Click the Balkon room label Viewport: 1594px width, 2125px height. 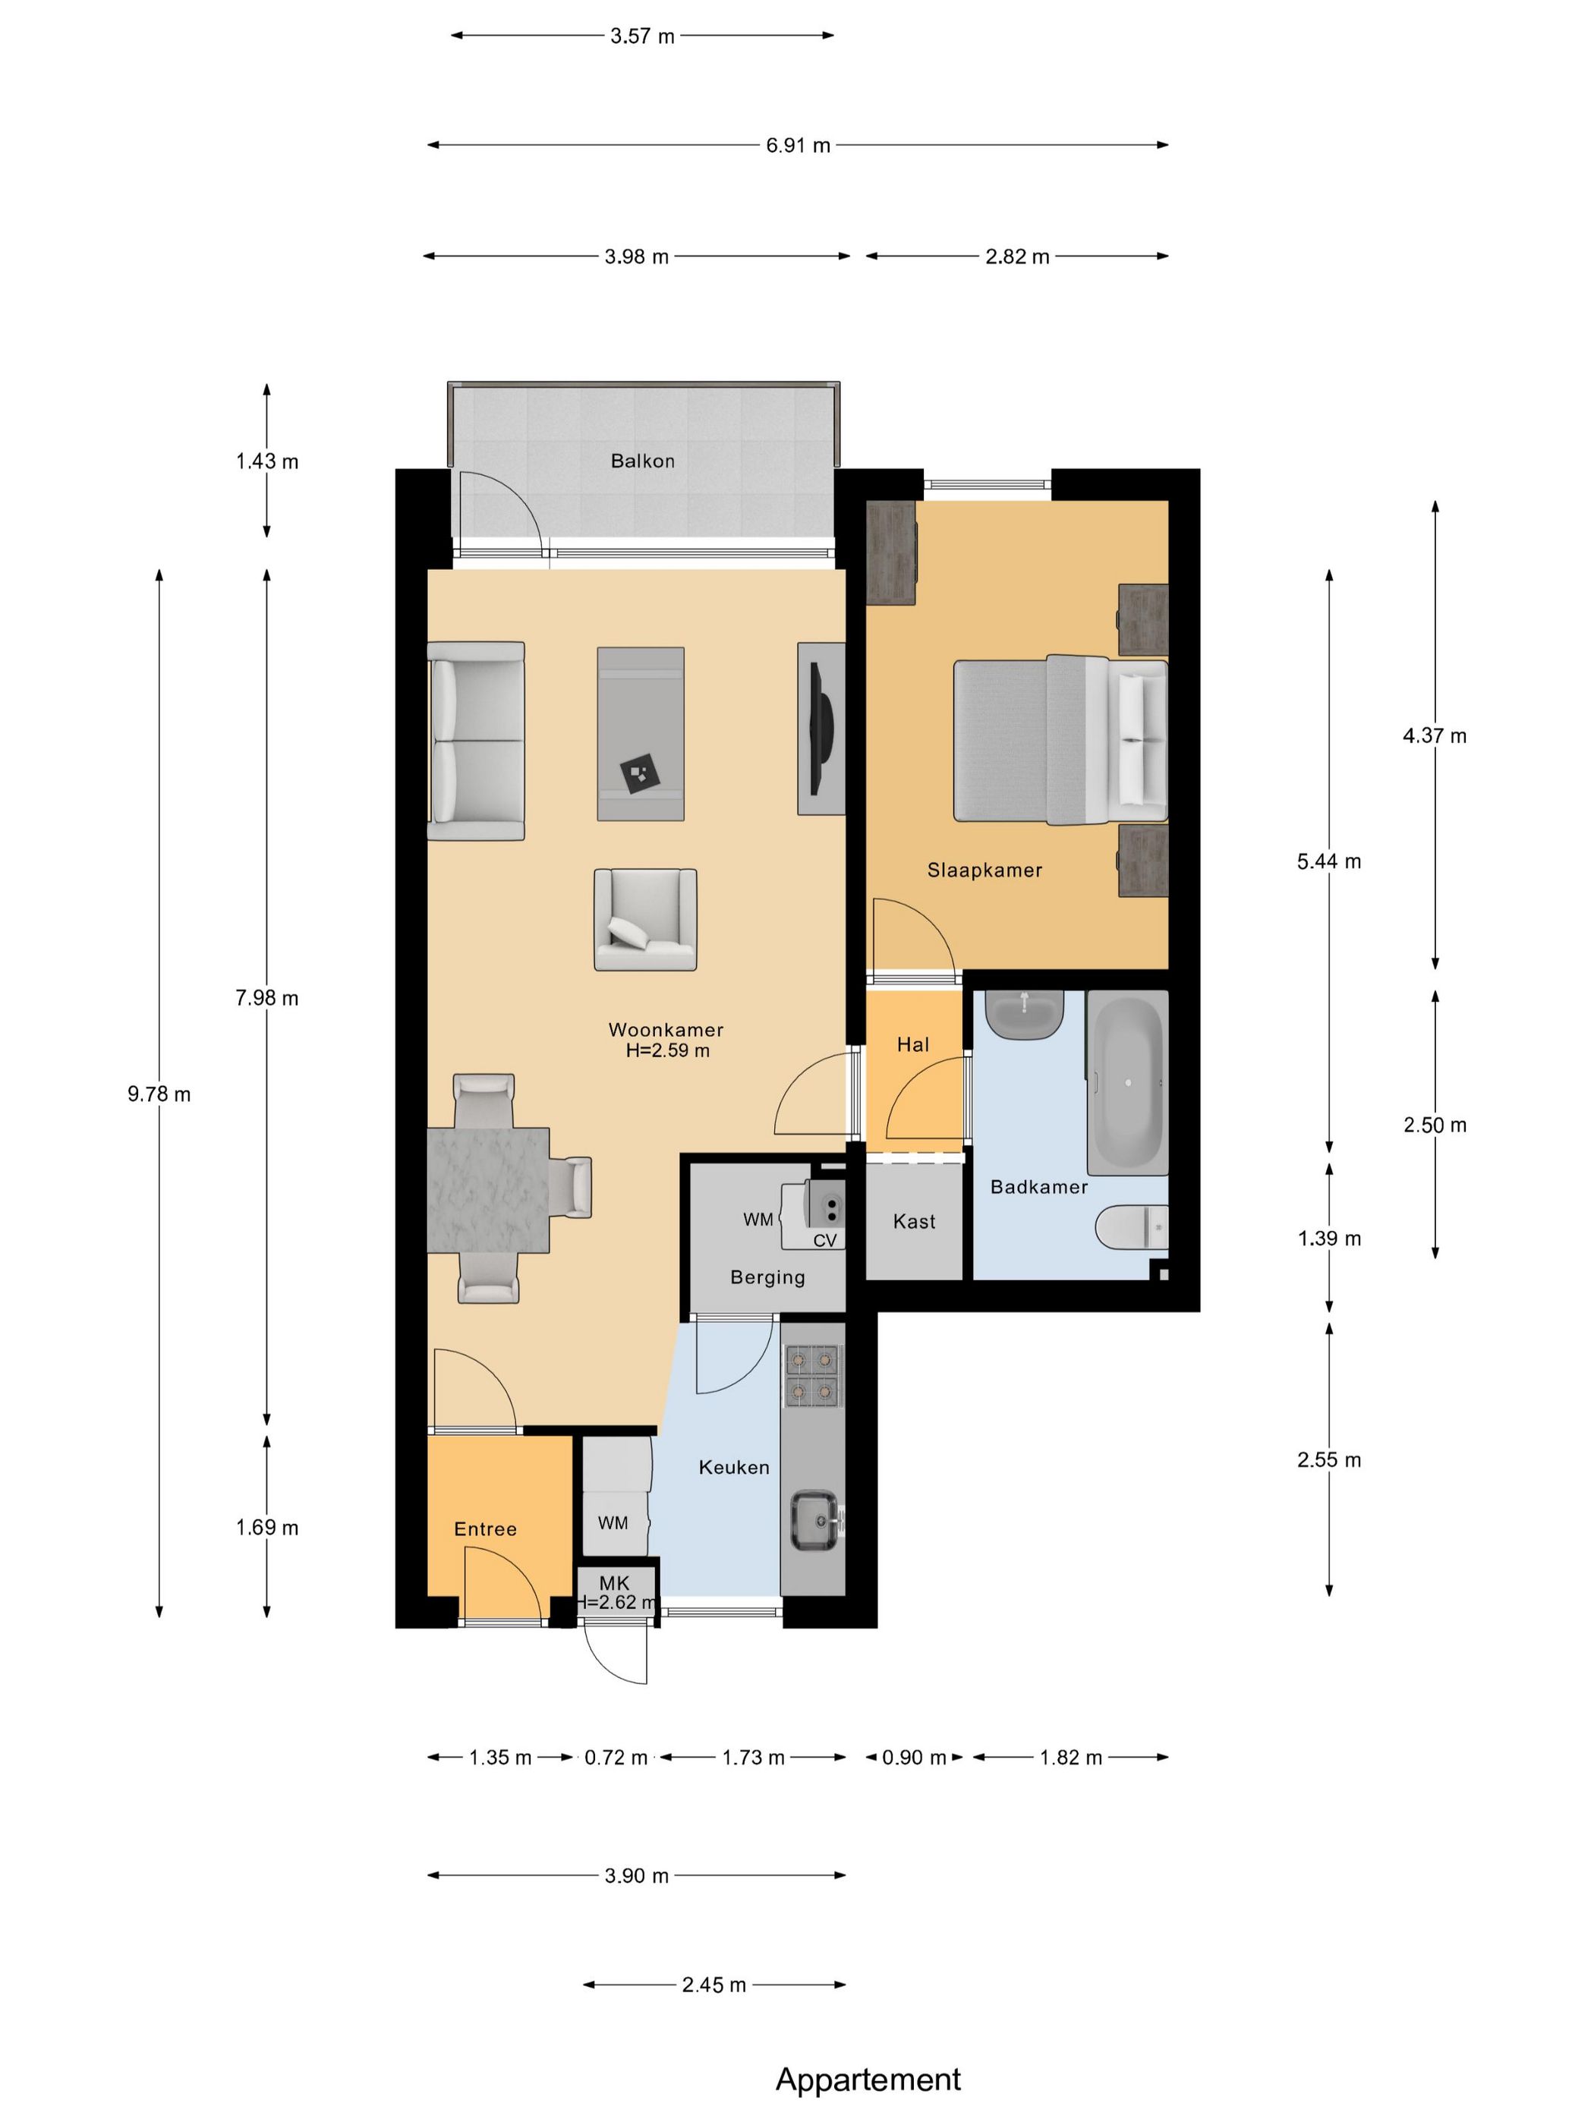point(642,461)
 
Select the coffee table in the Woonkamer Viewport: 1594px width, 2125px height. point(641,734)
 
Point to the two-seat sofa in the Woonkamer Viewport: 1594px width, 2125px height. point(476,741)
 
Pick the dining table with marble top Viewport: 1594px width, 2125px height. point(488,1190)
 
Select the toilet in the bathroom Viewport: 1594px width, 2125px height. point(1132,1226)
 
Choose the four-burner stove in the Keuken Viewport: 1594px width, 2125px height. point(812,1377)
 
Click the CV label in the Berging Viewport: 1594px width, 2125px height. point(824,1240)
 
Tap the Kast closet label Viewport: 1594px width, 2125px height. point(914,1221)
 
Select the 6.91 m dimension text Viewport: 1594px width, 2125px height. point(798,146)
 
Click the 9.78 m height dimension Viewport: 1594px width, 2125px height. point(159,1094)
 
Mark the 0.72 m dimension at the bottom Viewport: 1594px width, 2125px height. point(616,1758)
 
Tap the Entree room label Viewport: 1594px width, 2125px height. point(485,1529)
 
